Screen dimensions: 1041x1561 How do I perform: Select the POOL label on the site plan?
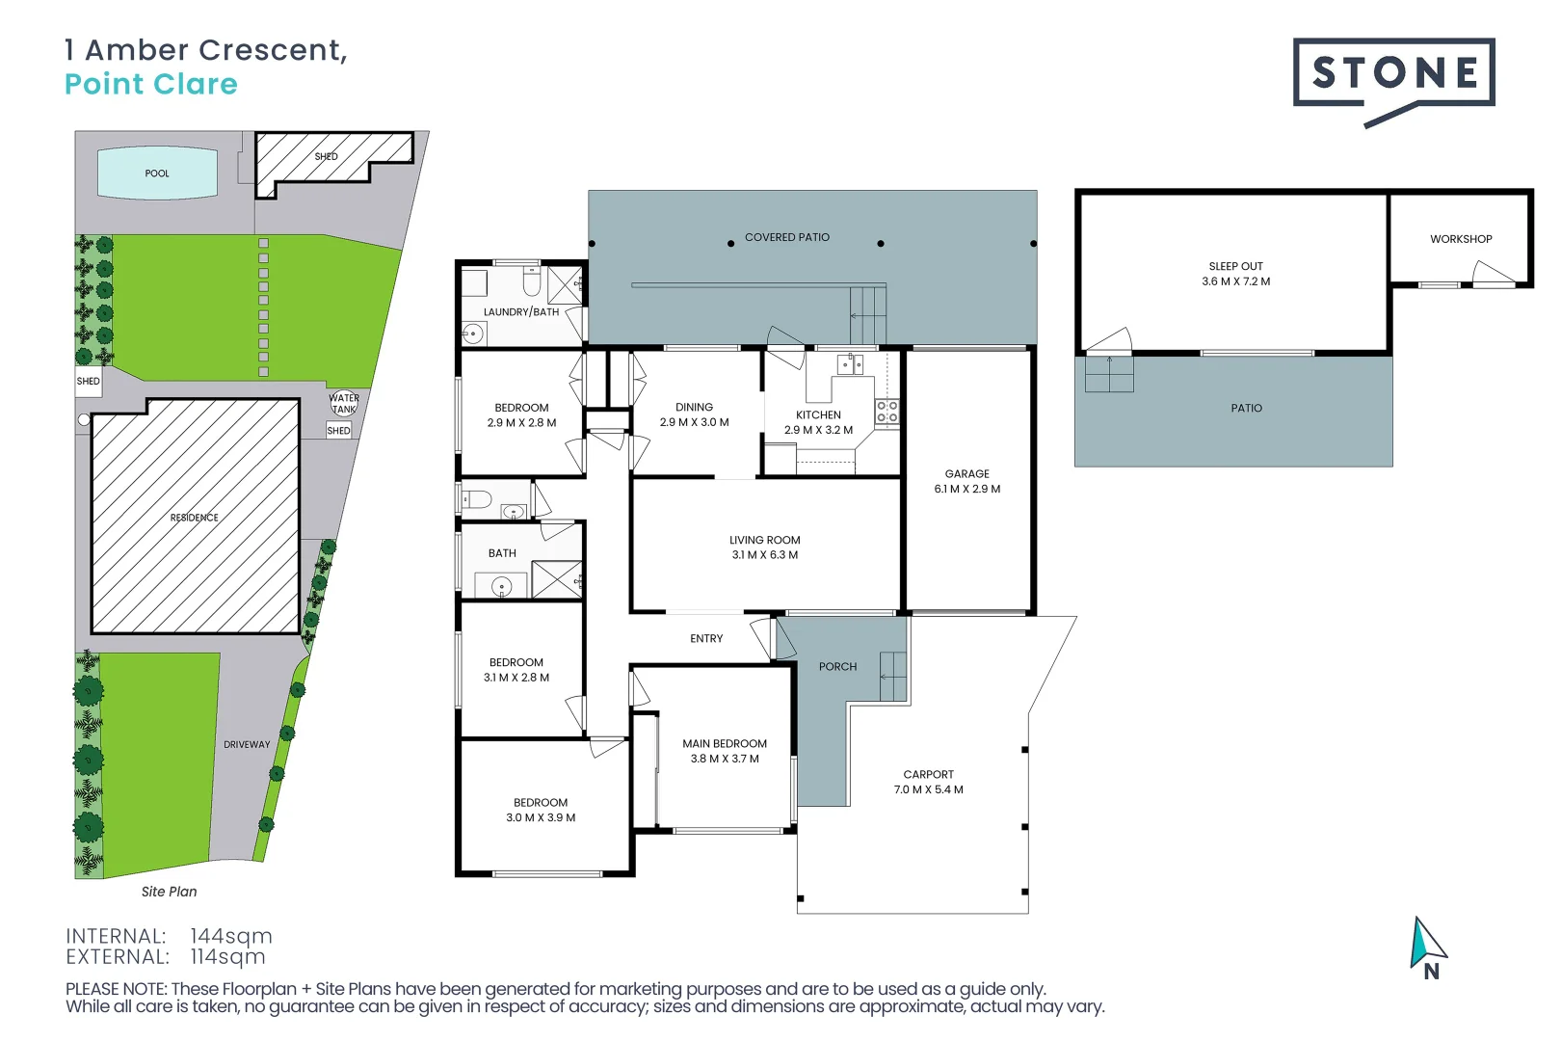click(x=157, y=173)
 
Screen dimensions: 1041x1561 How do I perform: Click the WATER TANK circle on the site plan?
click(x=344, y=403)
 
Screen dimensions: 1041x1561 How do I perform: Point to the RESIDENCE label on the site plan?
click(x=195, y=518)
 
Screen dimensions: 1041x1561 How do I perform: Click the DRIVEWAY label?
click(x=247, y=744)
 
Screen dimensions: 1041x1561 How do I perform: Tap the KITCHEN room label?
click(x=818, y=414)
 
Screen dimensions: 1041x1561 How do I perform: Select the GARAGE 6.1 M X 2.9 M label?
click(x=966, y=481)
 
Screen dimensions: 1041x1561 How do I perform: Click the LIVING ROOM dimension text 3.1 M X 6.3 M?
click(x=764, y=555)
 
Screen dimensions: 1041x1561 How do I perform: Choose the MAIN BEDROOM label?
click(x=725, y=743)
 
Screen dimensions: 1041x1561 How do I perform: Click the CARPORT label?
click(x=928, y=774)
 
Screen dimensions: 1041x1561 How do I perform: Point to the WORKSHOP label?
click(x=1461, y=239)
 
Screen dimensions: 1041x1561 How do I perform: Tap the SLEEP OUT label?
click(x=1235, y=266)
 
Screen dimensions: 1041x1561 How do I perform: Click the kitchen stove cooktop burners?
click(x=886, y=412)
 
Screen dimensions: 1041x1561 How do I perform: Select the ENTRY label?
click(x=706, y=638)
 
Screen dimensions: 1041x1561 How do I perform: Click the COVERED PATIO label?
click(x=786, y=237)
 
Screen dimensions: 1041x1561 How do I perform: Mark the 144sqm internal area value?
click(x=231, y=936)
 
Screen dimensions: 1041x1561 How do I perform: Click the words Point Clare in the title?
click(x=151, y=84)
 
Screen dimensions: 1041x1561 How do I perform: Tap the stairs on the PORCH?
click(x=893, y=676)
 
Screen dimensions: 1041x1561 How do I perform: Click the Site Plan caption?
click(x=169, y=892)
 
